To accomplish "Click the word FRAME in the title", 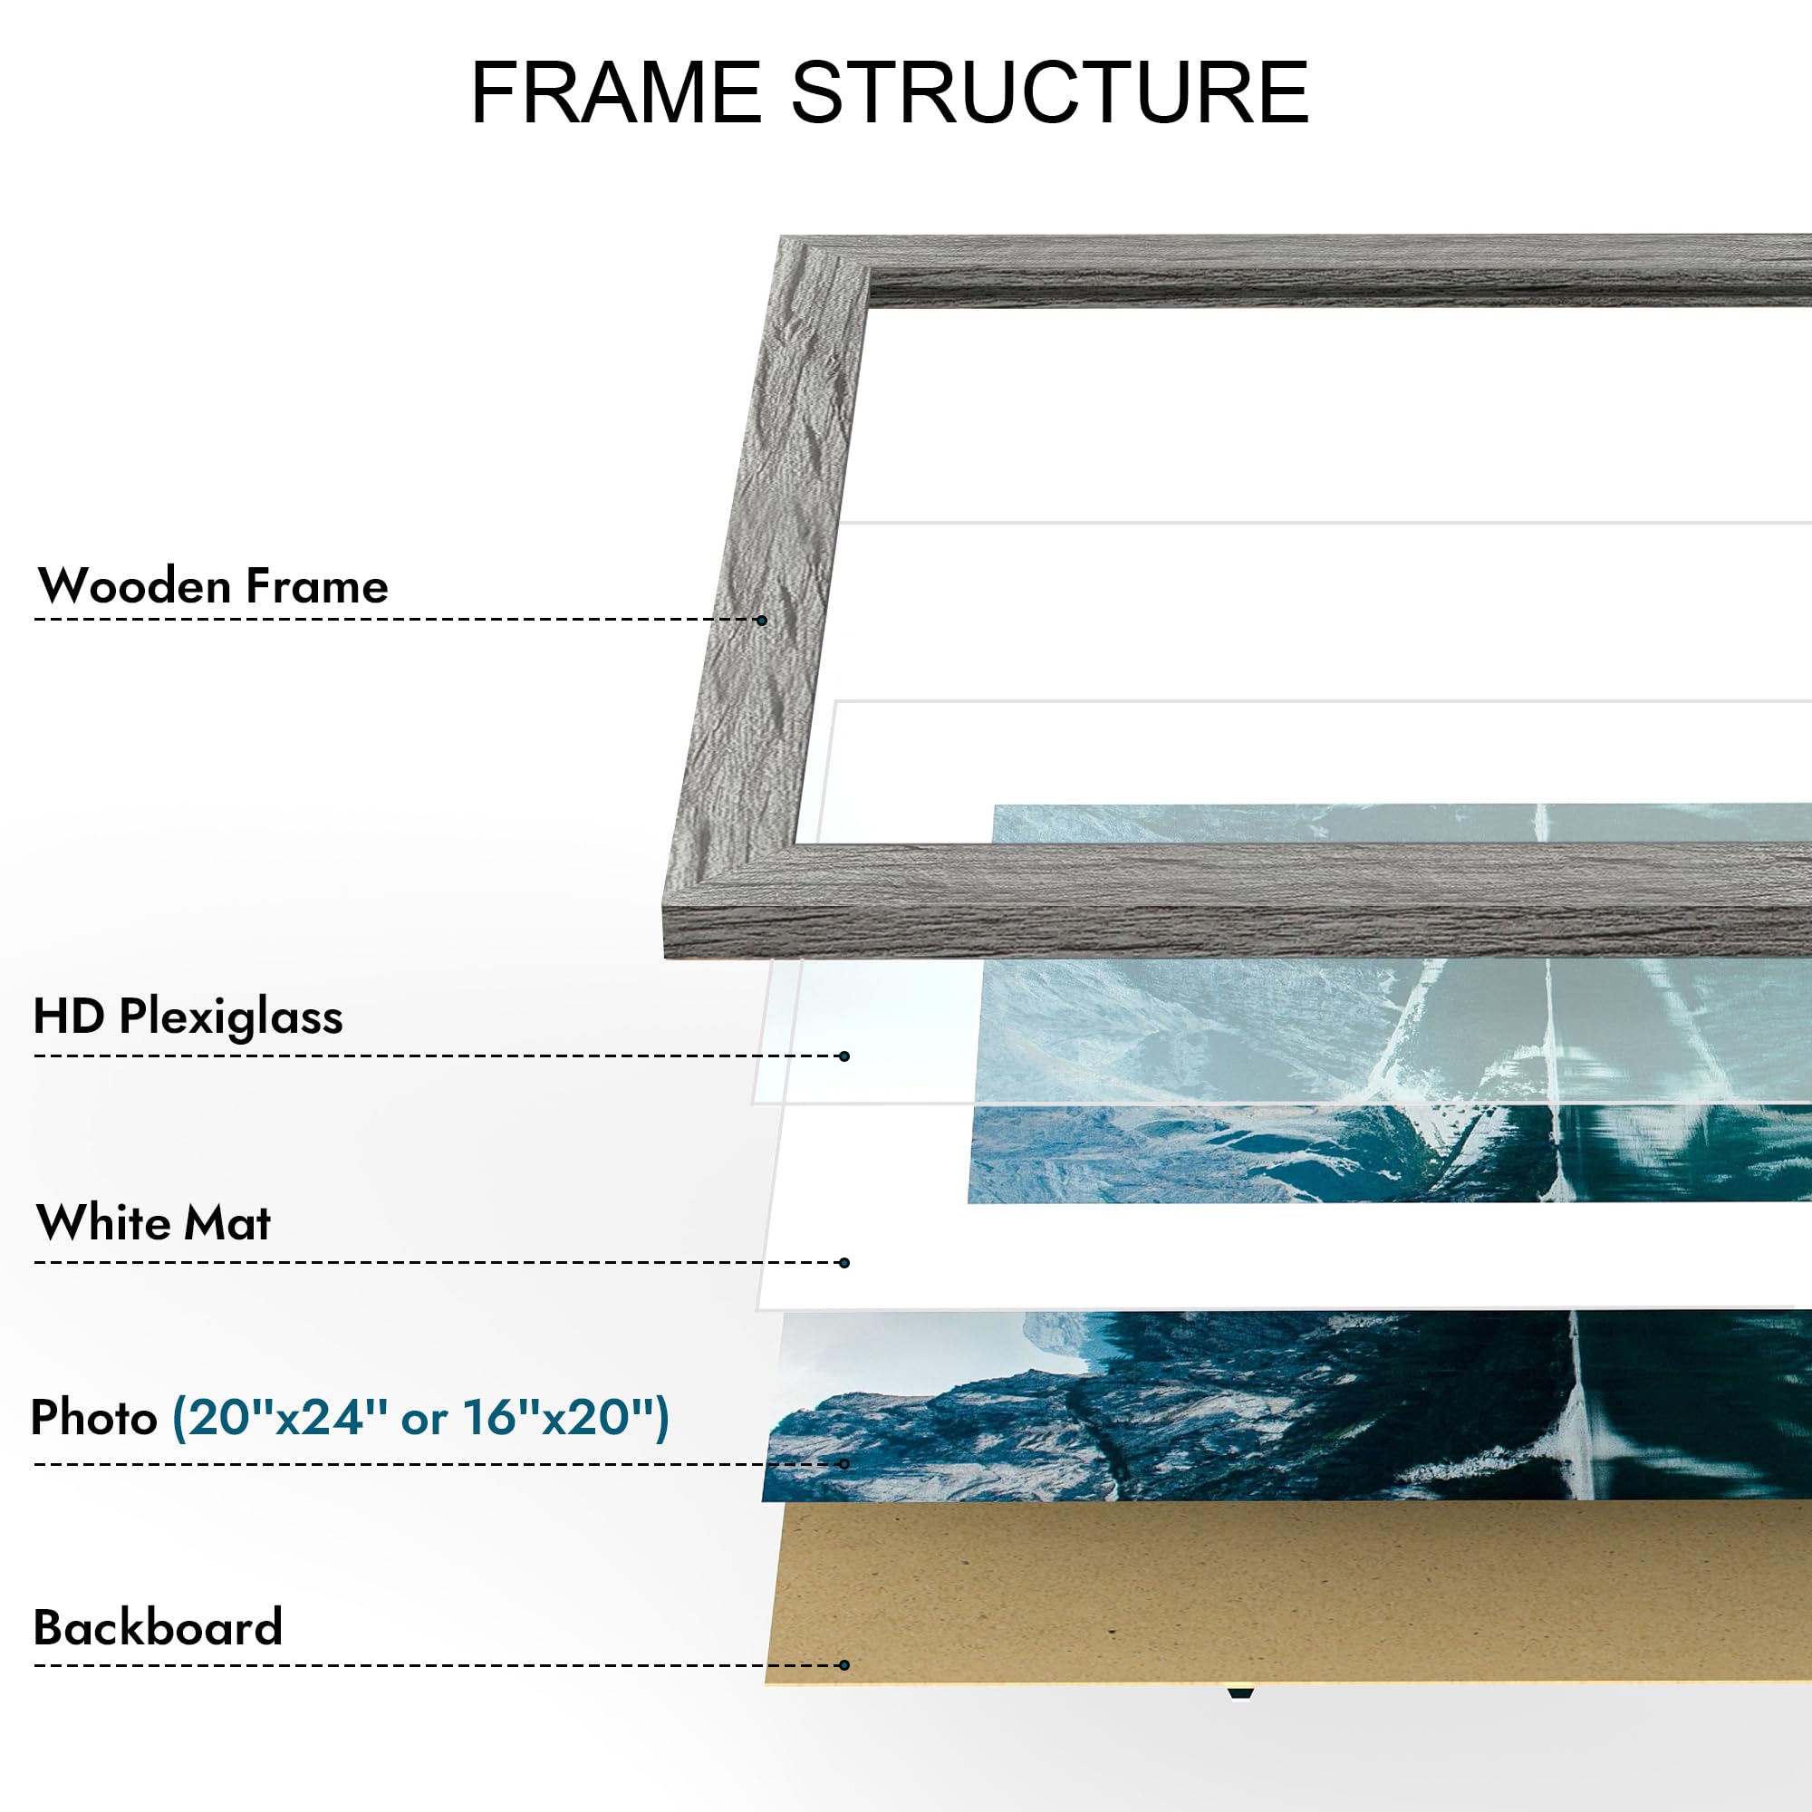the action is [615, 92].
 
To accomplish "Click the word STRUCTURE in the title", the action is [1049, 92].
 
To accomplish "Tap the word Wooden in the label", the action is [134, 586].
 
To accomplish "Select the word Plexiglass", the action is [231, 1017].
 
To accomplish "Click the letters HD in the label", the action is [68, 1016].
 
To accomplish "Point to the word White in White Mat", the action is [102, 1223].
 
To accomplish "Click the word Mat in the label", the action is [227, 1223].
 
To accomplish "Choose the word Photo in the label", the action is [94, 1417].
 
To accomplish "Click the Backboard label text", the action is [158, 1627].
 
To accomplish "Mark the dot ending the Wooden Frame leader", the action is [762, 620].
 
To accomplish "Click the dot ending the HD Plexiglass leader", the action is [845, 1056].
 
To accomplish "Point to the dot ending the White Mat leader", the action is [845, 1262].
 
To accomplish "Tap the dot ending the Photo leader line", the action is [845, 1464].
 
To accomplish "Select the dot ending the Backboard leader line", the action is [845, 1666].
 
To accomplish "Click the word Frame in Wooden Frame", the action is [317, 586].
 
